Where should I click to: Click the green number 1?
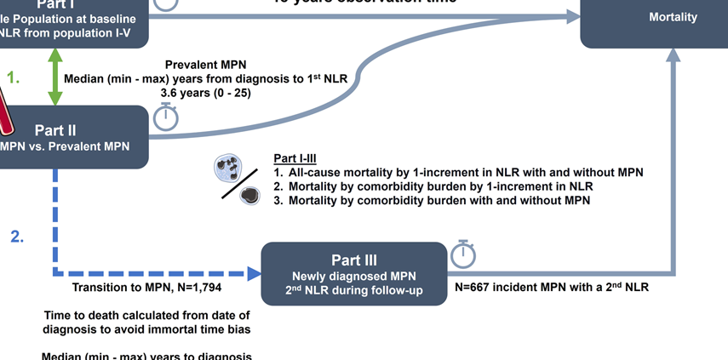click(14, 77)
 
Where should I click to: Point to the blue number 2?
click(17, 237)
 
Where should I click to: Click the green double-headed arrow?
click(55, 77)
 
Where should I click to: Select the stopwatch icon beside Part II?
click(166, 117)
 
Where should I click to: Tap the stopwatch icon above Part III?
click(462, 253)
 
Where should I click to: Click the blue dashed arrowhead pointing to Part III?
click(253, 274)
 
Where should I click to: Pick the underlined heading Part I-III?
click(295, 158)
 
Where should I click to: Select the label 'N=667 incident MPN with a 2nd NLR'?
click(552, 287)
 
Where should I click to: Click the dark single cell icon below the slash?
click(249, 196)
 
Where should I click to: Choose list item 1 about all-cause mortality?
click(458, 172)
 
